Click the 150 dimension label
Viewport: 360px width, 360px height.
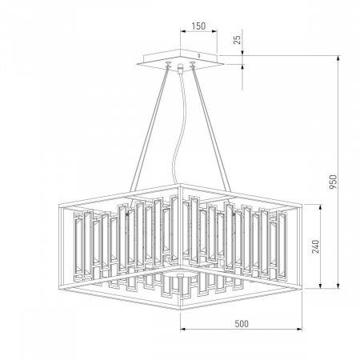click(198, 26)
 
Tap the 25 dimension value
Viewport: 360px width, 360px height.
click(237, 40)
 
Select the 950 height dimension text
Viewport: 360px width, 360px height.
click(333, 182)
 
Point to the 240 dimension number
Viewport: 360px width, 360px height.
click(315, 246)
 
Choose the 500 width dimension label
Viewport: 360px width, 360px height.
click(242, 323)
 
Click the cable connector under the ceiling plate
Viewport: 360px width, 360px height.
click(181, 68)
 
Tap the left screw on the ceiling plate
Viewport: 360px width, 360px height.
click(168, 63)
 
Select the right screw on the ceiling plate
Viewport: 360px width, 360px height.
click(193, 63)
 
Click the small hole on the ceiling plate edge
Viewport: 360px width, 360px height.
click(198, 56)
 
